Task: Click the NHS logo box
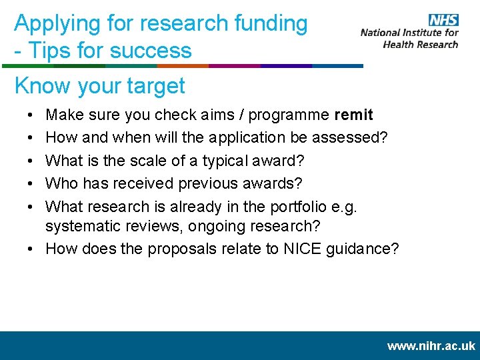[443, 19]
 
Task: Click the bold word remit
[353, 115]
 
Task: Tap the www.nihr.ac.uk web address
[431, 346]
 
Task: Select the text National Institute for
[409, 32]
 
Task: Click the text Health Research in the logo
[421, 44]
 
